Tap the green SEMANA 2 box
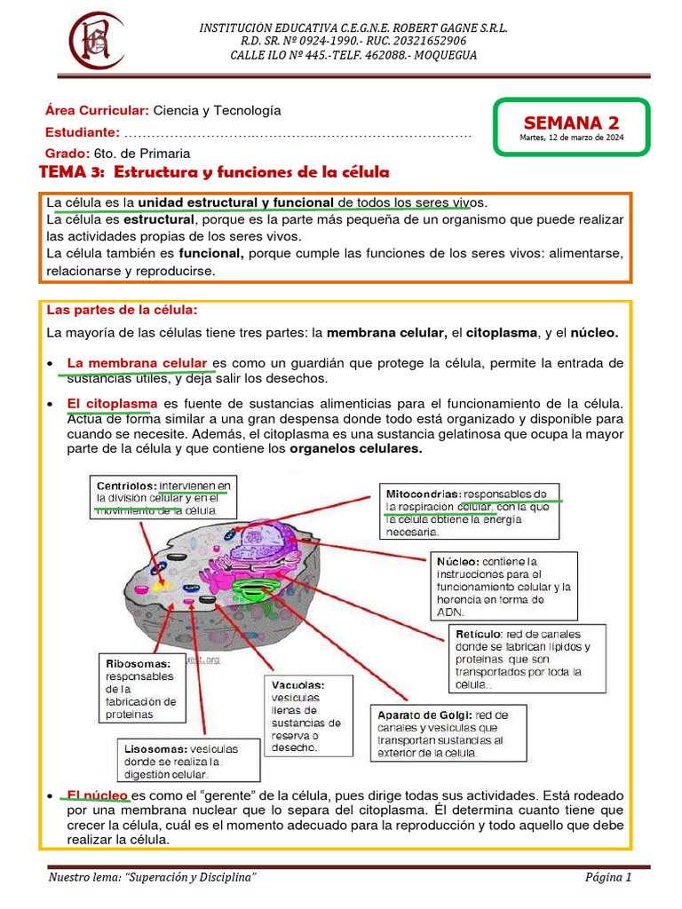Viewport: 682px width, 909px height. point(572,128)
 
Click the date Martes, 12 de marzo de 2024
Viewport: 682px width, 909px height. point(572,138)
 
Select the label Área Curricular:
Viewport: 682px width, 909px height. point(97,111)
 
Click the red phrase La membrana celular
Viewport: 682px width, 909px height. point(137,363)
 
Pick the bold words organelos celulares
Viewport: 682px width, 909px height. point(356,448)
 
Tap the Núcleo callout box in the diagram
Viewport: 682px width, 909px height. point(503,586)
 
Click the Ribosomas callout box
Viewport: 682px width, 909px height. point(142,689)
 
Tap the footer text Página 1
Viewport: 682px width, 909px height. point(607,878)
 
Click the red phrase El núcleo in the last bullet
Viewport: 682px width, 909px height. point(99,794)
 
